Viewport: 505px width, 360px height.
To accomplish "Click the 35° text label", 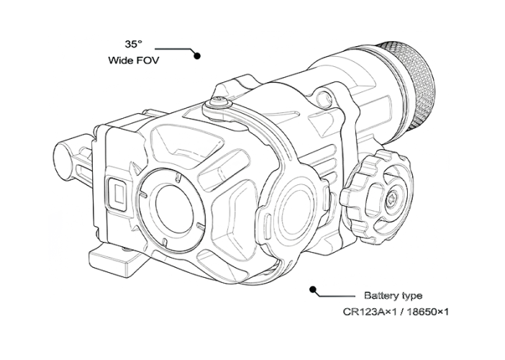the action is [133, 44].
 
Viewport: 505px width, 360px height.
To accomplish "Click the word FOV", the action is [147, 60].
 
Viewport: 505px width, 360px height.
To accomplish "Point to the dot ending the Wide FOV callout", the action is [197, 55].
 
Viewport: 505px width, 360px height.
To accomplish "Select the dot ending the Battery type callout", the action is [312, 289].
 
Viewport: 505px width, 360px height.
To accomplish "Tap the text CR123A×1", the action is [369, 312].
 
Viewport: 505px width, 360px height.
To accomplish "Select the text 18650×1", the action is [428, 312].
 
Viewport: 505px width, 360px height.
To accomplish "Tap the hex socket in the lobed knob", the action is [393, 200].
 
